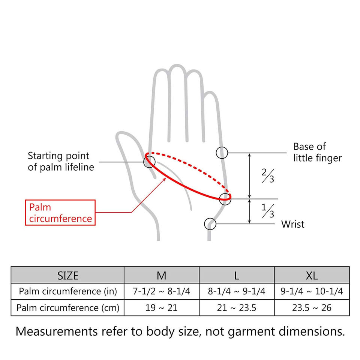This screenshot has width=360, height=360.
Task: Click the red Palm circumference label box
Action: click(60, 212)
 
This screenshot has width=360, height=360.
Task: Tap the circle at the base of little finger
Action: click(222, 153)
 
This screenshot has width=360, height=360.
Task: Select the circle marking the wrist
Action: click(210, 224)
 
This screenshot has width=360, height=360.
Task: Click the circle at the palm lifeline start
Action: click(149, 161)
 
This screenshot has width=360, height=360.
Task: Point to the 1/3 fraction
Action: click(268, 211)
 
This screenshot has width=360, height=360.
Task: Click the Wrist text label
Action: click(293, 224)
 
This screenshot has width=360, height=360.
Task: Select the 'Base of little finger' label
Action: click(317, 152)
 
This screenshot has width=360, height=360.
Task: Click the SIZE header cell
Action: click(68, 276)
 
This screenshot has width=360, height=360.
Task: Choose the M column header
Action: click(161, 276)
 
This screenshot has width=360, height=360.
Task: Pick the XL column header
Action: click(312, 276)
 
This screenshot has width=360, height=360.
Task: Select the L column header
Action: click(237, 276)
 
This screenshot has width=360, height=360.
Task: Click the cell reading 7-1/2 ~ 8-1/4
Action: click(161, 291)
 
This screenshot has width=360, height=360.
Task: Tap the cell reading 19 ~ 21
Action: click(161, 308)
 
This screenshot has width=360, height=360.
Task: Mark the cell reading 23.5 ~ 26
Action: click(312, 308)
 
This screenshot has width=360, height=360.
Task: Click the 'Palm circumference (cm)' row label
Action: click(68, 308)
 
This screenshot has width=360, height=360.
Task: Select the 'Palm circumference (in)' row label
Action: click(68, 291)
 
